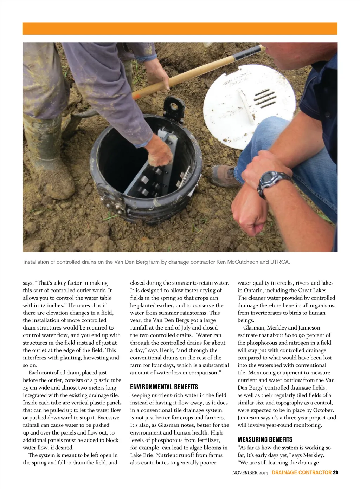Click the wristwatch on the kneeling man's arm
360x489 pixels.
pyautogui.click(x=273, y=182)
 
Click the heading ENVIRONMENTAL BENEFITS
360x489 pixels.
pyautogui.click(x=164, y=387)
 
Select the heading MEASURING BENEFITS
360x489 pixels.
pyautogui.click(x=265, y=439)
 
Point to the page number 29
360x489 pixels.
pyautogui.click(x=335, y=472)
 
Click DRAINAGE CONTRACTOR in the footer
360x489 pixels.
pyautogui.click(x=302, y=472)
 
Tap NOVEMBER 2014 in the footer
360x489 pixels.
pyautogui.click(x=250, y=472)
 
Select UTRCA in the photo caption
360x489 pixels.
pyautogui.click(x=280, y=262)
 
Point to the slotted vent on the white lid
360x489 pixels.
pyautogui.click(x=264, y=97)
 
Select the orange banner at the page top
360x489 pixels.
pyautogui.click(x=180, y=29)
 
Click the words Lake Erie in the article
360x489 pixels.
pyautogui.click(x=142, y=455)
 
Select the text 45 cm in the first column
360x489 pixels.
pyautogui.click(x=31, y=388)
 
